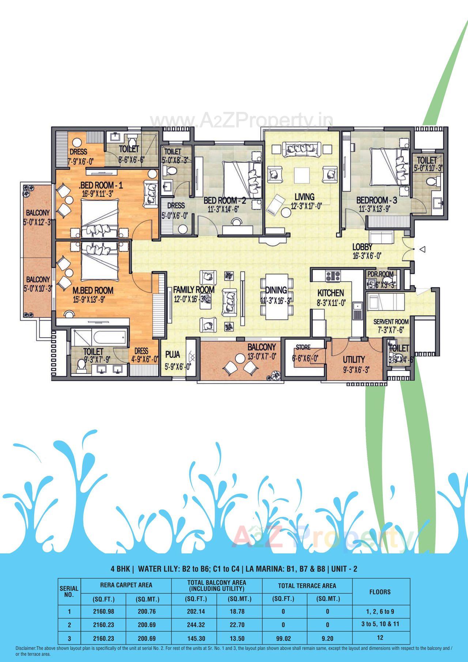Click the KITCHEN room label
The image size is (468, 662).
click(330, 293)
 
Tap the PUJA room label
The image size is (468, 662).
click(173, 354)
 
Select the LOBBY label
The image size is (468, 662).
click(362, 247)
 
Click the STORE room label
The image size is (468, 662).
click(303, 347)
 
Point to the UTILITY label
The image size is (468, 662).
click(354, 359)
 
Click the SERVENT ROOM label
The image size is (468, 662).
click(391, 322)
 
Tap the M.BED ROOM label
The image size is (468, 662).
click(93, 290)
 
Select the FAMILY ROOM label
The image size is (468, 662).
click(194, 290)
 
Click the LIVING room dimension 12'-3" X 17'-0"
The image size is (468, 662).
click(306, 206)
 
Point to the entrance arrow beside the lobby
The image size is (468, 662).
click(422, 249)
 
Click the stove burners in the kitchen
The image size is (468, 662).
click(333, 276)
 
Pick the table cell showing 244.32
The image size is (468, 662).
click(196, 624)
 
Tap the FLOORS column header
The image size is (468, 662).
click(380, 592)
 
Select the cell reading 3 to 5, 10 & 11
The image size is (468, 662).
click(380, 624)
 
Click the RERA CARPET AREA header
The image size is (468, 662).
click(126, 585)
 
